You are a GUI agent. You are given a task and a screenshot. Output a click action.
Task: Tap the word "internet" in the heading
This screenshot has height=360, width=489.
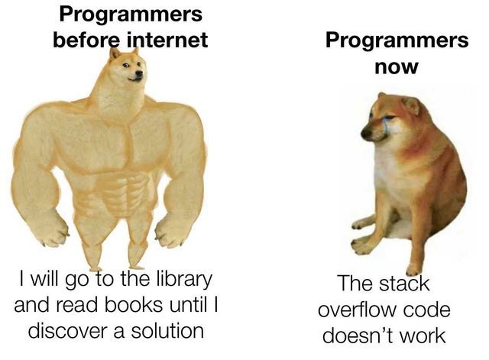click(x=167, y=40)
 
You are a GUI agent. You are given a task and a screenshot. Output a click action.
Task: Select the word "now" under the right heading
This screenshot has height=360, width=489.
click(x=397, y=67)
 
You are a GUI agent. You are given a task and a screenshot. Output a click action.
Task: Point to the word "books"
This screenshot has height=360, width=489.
click(x=133, y=304)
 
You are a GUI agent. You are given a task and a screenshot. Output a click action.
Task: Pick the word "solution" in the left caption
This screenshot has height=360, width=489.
click(x=167, y=331)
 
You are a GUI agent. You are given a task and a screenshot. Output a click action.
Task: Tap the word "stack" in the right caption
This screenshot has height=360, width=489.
click(x=404, y=284)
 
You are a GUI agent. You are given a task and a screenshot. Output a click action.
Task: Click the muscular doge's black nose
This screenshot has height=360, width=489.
click(x=139, y=73)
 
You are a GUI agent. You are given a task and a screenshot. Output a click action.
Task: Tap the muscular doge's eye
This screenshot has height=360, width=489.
click(x=125, y=65)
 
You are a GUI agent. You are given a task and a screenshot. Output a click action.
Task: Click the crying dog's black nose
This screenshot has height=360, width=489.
click(x=365, y=134)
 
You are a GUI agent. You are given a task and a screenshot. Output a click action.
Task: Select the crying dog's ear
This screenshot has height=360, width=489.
click(x=411, y=105)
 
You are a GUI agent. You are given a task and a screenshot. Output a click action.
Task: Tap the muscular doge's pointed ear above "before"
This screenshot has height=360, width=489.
click(x=114, y=54)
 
